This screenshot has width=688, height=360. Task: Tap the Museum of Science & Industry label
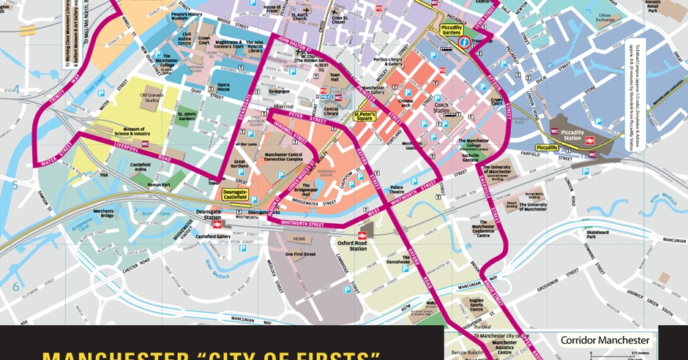click(131, 132)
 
